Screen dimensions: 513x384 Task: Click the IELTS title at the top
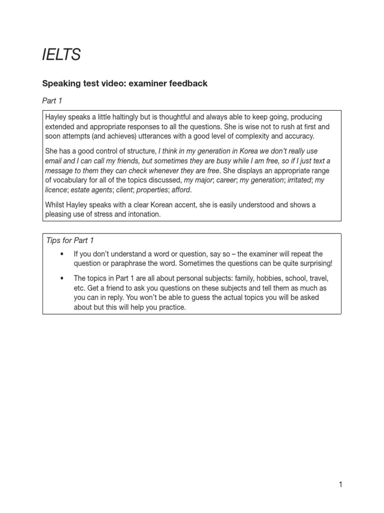61,55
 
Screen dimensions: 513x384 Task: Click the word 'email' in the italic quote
55,161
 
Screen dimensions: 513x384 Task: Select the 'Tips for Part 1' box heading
70,240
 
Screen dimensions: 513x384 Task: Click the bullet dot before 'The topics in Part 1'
62,278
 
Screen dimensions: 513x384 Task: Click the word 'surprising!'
313,264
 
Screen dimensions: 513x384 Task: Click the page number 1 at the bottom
340,484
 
